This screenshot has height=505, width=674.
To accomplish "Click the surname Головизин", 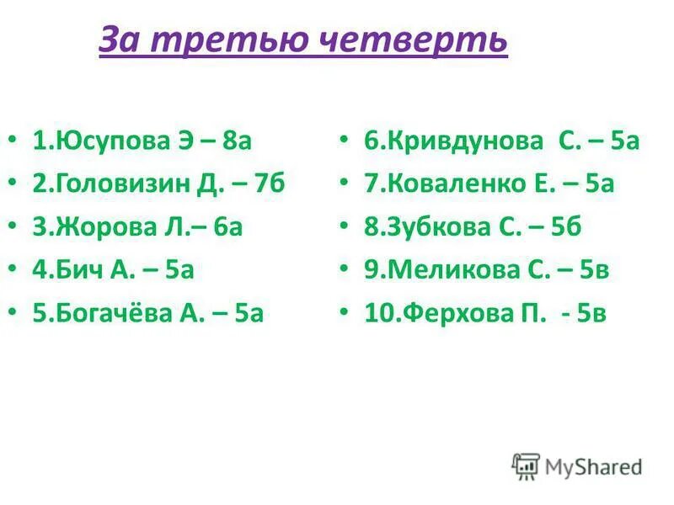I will pos(124,183).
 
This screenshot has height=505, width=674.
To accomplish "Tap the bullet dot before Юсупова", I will pos(11,140).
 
